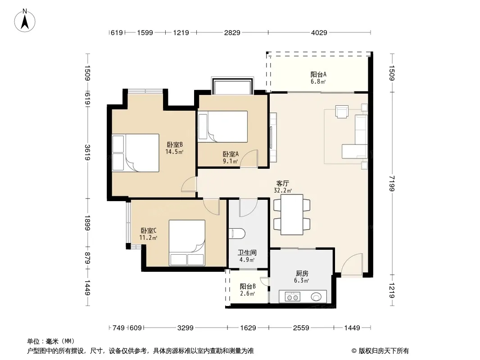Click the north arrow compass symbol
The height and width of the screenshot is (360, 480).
coord(25,21)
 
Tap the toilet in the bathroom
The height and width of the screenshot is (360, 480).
coord(237,234)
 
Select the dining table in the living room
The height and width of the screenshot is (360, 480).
coord(292,214)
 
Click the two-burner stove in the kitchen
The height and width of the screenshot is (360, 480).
coord(292,297)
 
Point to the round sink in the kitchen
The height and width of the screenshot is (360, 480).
coord(316,297)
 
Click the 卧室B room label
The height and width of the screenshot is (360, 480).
coord(175,144)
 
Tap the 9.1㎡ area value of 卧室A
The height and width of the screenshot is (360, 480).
coord(231,161)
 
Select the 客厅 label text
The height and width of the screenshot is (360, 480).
coord(282,183)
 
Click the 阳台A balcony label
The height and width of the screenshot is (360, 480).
coord(318,74)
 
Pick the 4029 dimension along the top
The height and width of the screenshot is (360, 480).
coord(319,32)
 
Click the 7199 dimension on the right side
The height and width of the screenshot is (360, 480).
coord(392,184)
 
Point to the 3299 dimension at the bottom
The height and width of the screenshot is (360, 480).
coord(185,328)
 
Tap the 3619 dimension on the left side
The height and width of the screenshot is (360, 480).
coord(87,152)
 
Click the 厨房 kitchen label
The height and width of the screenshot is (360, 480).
coord(302,274)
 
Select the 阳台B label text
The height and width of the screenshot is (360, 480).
coord(248,287)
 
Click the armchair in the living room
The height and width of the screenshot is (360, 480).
coord(342,112)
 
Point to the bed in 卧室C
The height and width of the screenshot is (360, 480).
coord(187,243)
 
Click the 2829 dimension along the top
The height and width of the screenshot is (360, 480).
coord(232,32)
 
